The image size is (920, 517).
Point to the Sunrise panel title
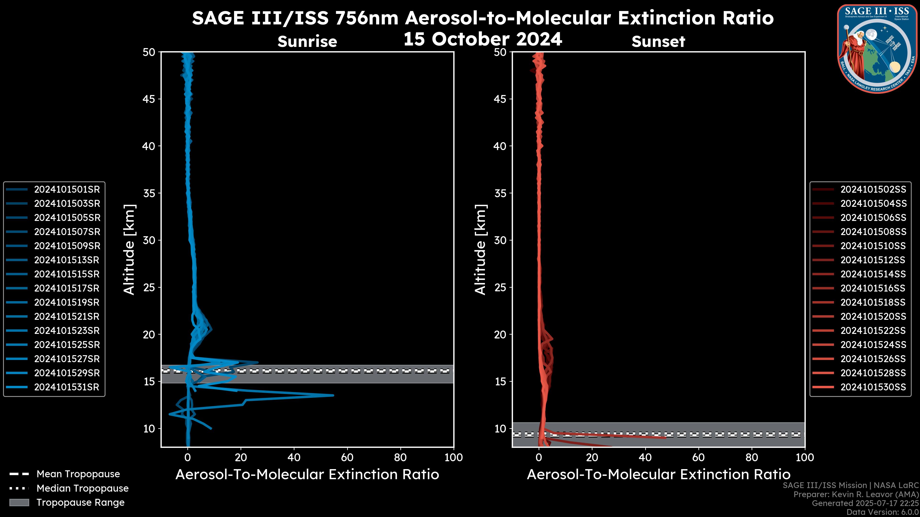[x=307, y=41]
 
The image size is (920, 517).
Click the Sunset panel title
[x=658, y=41]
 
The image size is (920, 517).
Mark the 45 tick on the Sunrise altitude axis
[x=149, y=99]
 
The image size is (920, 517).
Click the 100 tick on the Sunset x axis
[x=805, y=457]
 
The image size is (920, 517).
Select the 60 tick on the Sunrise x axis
[x=347, y=457]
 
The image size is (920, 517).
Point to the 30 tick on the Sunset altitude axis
[x=500, y=240]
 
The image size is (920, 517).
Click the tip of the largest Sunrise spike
[x=333, y=395]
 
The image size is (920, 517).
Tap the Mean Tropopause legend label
[x=78, y=474]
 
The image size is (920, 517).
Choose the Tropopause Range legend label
[x=80, y=502]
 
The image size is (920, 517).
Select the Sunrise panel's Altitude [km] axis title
[x=129, y=249]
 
